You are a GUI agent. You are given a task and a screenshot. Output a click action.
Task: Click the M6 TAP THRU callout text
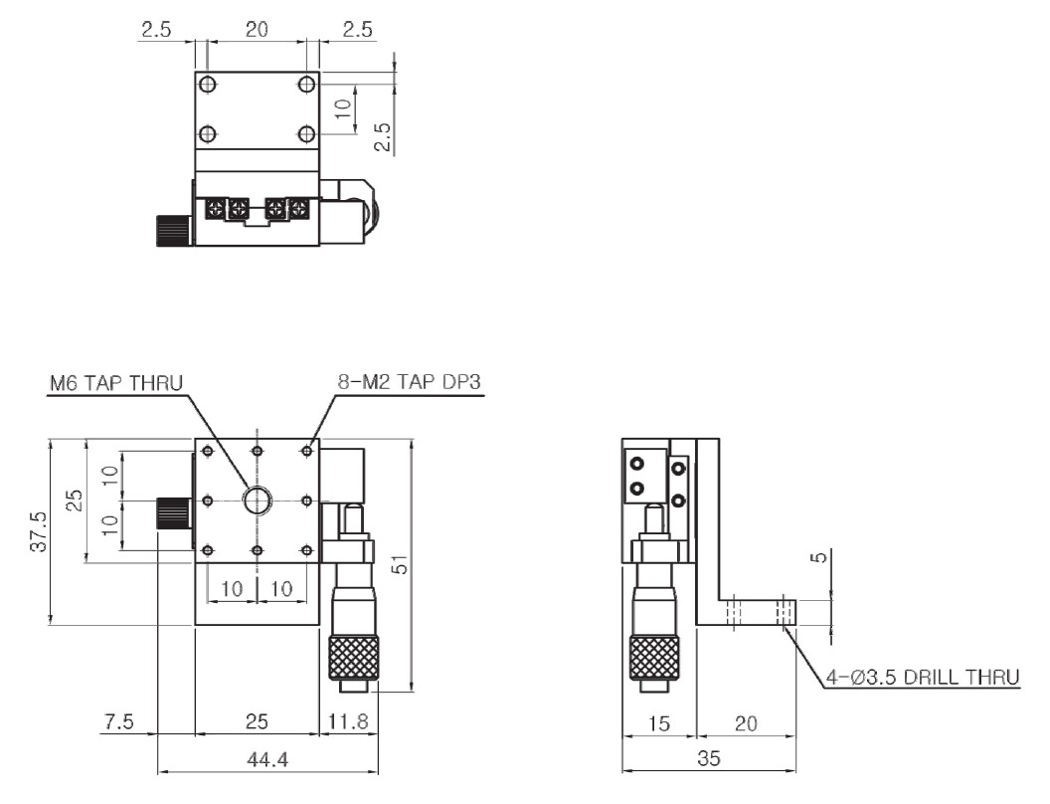point(116,383)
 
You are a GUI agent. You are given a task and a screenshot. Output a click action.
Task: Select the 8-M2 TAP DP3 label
point(409,382)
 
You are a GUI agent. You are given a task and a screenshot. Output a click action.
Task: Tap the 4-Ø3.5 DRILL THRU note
point(922,677)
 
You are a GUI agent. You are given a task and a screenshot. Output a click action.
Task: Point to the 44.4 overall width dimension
point(267,760)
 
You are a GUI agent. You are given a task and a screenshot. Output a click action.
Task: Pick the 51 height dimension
point(401,567)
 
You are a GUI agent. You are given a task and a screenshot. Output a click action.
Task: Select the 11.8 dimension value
point(348,721)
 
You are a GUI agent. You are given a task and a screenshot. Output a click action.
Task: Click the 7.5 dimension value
point(119,721)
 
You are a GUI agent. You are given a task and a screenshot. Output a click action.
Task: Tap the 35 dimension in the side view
point(709,758)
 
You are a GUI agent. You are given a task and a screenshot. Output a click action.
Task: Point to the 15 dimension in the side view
point(659,723)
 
